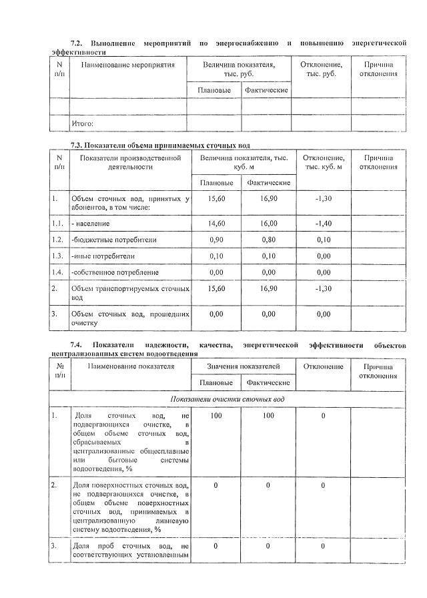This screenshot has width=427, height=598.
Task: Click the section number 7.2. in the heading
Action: tap(79, 43)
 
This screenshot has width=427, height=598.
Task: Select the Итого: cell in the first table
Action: tap(82, 123)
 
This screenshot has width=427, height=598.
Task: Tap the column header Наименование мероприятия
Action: tap(127, 65)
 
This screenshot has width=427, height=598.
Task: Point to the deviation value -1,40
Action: tap(323, 224)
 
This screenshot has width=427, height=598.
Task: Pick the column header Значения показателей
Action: tap(243, 366)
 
